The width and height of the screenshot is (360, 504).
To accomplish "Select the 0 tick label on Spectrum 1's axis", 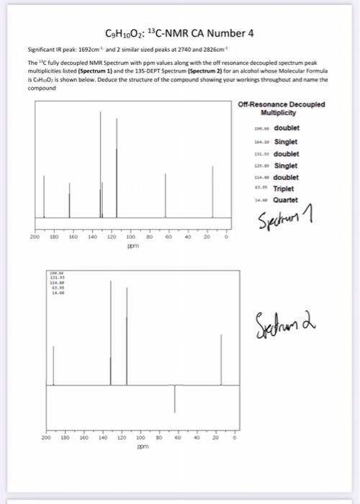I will point(225,235).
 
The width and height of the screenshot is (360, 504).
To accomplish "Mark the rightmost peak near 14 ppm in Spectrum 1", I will point(212,191).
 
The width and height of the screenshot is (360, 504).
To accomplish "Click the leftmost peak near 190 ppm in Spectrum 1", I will point(44,194).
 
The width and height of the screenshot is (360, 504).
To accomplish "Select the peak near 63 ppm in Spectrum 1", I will point(166,194).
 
